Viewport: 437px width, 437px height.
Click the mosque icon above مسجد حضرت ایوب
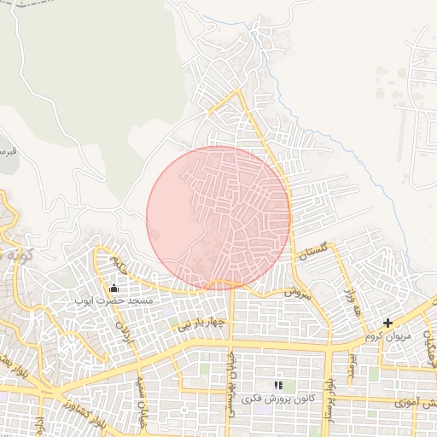[114, 288]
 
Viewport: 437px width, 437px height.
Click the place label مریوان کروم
[388, 336]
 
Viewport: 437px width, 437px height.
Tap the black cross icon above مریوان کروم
[388, 323]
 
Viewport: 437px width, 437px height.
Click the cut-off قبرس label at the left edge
[7, 151]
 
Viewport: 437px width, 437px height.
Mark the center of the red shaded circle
[218, 218]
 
